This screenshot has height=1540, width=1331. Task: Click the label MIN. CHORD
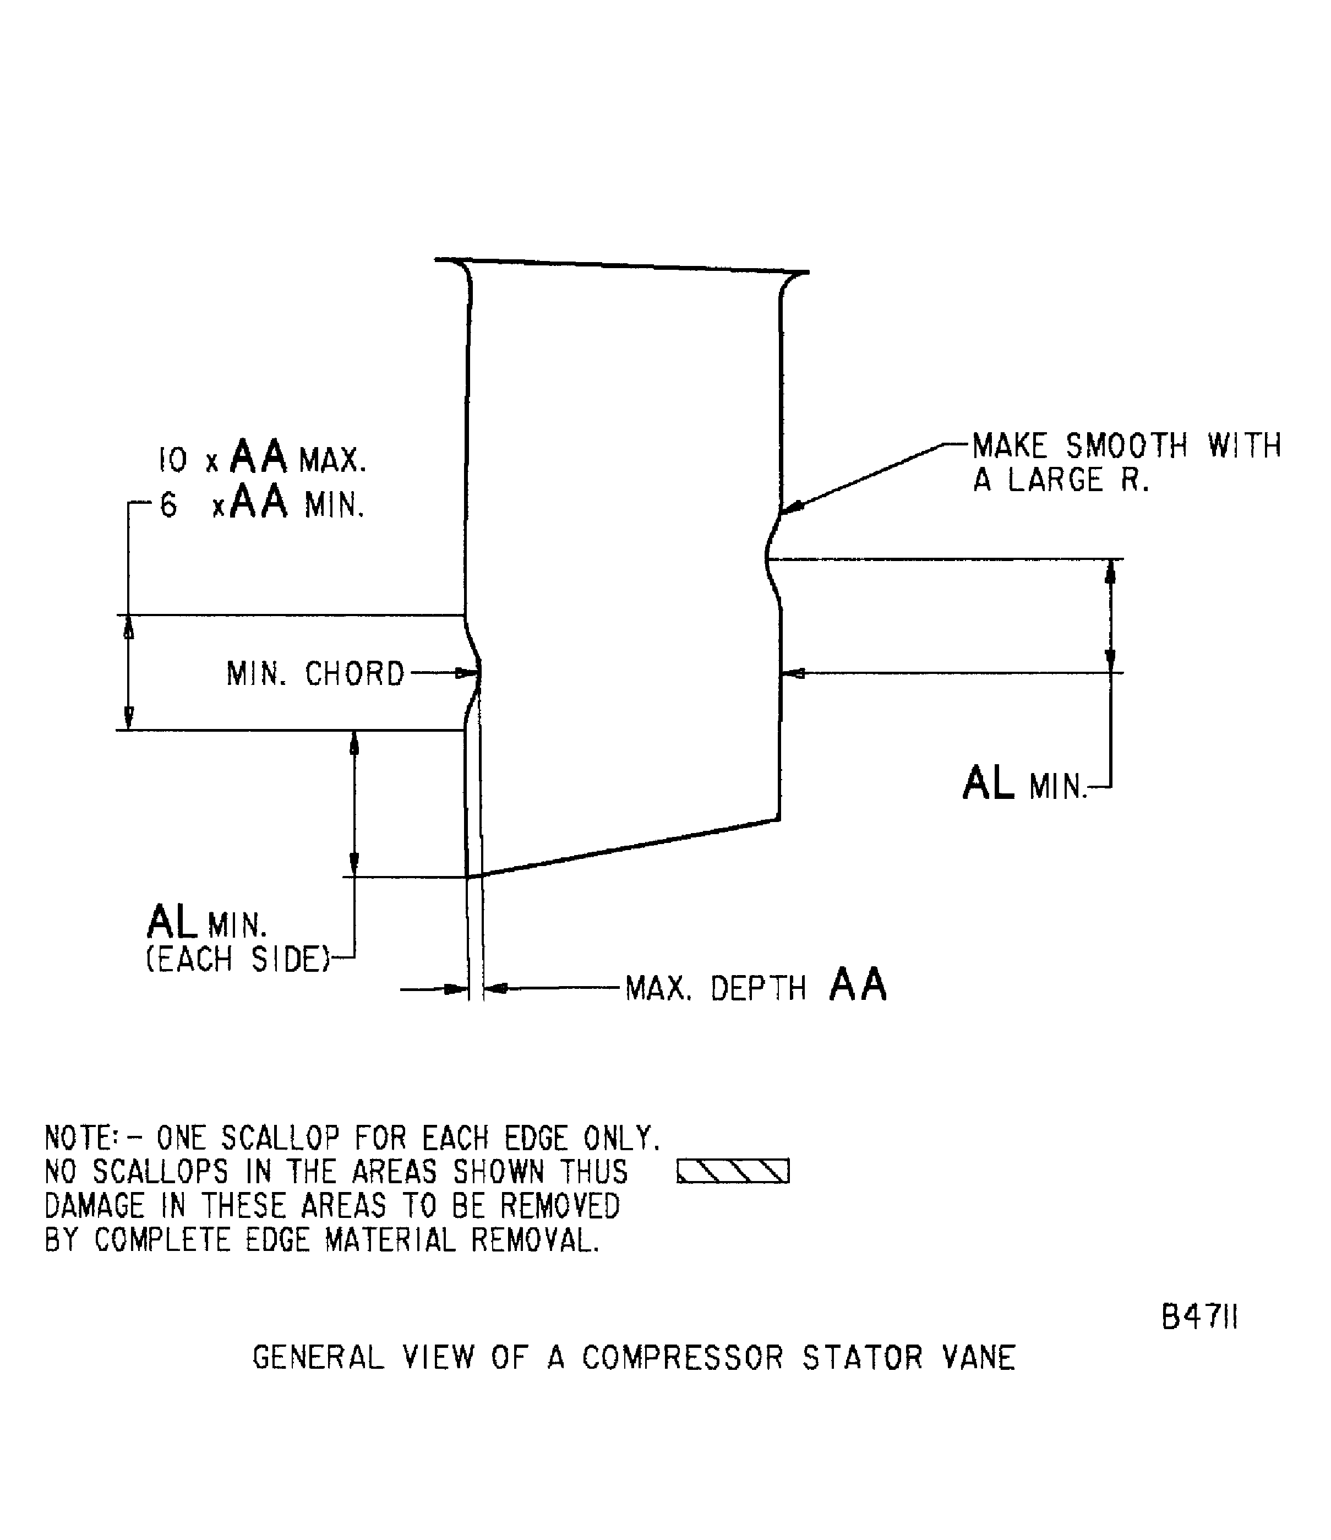click(x=315, y=674)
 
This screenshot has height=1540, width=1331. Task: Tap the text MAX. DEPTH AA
click(x=756, y=988)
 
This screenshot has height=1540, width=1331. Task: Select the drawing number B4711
click(x=1199, y=1318)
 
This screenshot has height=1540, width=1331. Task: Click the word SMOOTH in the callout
click(x=1126, y=446)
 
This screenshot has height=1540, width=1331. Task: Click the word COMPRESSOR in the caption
click(x=682, y=1358)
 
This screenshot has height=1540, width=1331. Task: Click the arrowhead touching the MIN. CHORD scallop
click(x=470, y=673)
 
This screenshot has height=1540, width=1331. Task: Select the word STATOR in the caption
click(x=862, y=1358)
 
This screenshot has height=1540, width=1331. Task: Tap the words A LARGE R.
click(x=1061, y=481)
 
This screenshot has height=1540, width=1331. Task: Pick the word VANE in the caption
click(x=979, y=1358)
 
